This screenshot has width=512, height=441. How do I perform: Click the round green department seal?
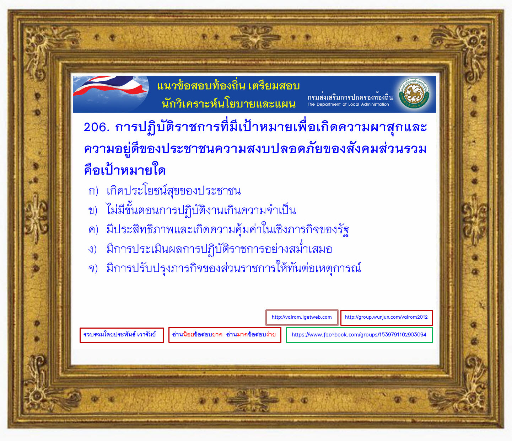(414, 94)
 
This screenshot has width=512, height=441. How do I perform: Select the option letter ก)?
(93, 191)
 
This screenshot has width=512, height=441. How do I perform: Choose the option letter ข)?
(93, 210)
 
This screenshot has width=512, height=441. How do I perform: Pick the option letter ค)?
(93, 229)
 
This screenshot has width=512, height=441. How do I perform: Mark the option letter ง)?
(92, 249)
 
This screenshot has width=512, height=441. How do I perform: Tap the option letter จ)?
(93, 269)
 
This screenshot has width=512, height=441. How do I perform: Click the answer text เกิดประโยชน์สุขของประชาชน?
(174, 191)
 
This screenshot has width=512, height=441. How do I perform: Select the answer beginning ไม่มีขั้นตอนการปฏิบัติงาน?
(201, 210)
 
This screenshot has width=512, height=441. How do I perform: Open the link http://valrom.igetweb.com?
(302, 317)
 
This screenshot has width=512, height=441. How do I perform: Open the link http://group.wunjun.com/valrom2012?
(387, 317)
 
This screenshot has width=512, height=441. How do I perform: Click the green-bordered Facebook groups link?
(359, 335)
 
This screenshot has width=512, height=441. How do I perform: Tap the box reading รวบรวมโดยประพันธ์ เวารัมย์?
(122, 335)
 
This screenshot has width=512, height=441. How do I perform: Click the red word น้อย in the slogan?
(189, 334)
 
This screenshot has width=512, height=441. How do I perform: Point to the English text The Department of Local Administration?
(348, 104)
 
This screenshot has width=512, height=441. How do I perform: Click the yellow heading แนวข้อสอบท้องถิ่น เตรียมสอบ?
(228, 86)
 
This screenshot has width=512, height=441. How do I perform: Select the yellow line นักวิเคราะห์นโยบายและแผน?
(228, 103)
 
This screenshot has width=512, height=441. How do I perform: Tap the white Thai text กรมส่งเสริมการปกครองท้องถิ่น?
(350, 97)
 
